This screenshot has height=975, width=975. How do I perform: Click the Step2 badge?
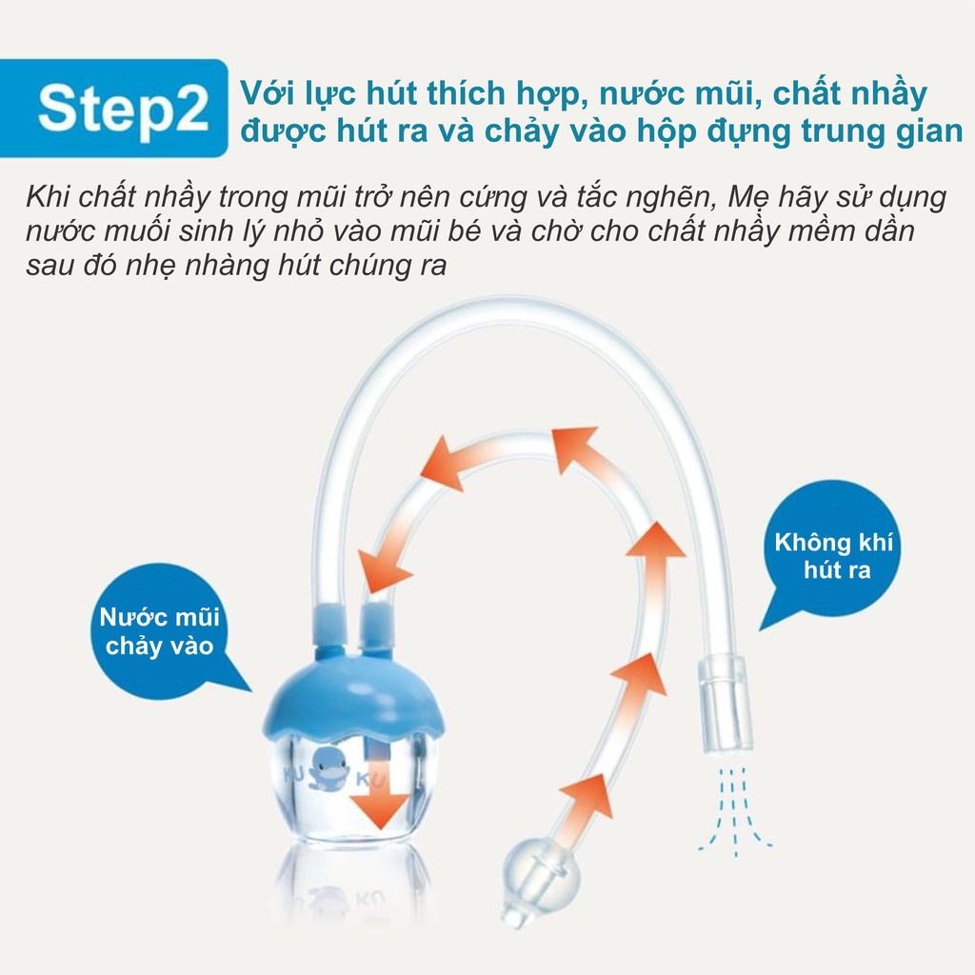point(123,109)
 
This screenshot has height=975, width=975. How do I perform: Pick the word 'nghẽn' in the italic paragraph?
point(665,199)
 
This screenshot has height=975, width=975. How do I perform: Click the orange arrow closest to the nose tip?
point(582,804)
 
